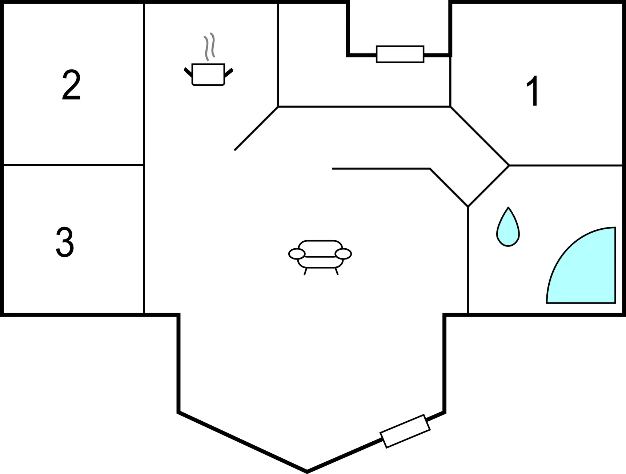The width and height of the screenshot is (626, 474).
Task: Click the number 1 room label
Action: click(533, 91)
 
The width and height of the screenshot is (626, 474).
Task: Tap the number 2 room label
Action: click(71, 85)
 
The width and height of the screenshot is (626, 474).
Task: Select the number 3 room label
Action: click(65, 242)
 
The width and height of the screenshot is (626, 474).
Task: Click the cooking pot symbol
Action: click(208, 75)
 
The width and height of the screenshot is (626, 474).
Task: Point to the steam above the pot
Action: click(209, 47)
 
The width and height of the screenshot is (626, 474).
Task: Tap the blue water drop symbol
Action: click(508, 227)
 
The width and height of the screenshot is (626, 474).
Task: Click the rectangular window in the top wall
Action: click(400, 54)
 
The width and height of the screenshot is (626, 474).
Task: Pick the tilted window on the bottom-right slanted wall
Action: click(405, 431)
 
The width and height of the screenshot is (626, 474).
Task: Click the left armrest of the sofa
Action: click(297, 254)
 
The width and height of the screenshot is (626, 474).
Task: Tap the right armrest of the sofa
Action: click(343, 254)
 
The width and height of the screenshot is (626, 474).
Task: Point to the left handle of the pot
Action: click(188, 72)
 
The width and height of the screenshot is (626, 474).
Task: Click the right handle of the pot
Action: click(229, 73)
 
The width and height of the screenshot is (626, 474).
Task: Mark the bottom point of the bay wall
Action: click(307, 472)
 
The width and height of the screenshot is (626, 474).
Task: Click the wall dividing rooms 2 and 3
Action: click(74, 165)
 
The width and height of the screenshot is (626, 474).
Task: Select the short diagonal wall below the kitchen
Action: click(256, 128)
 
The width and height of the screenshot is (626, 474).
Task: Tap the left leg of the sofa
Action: click(305, 272)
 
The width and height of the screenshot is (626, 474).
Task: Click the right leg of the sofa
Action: click(337, 272)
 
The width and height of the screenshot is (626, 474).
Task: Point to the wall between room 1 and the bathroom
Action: click(566, 165)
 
